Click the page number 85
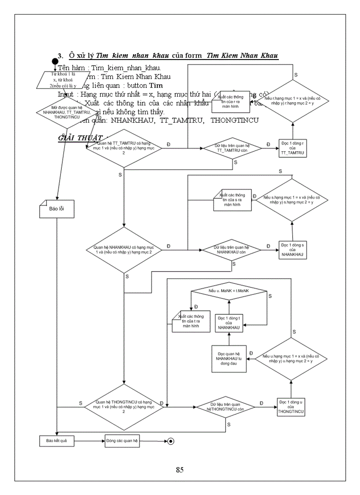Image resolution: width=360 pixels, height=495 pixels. point(180,469)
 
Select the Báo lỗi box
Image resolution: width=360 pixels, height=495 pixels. point(56,209)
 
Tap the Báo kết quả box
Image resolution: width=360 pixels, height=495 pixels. point(55,440)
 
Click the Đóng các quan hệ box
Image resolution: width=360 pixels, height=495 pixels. point(119,440)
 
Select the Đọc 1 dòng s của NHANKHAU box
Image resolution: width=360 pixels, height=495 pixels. point(292,249)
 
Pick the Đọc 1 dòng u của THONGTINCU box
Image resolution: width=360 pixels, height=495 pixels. point(292,407)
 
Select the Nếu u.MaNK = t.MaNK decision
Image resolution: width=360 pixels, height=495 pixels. point(229,291)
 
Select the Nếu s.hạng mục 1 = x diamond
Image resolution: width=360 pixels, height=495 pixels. point(292,199)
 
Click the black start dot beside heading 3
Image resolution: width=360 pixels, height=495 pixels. point(55,61)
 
